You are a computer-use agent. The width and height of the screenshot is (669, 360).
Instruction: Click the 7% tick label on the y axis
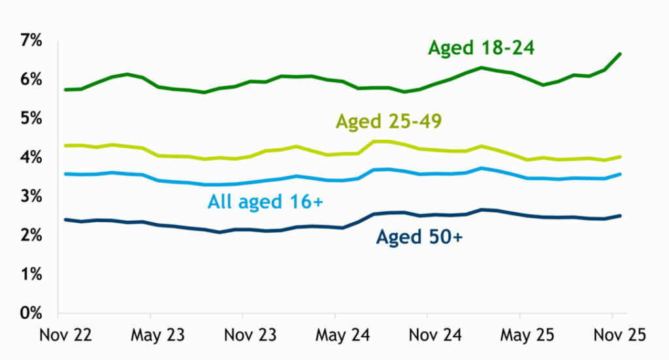pos(31,41)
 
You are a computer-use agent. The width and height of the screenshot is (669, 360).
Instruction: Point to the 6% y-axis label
pos(31,79)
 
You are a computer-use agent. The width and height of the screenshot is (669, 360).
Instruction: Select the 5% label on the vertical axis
pos(31,118)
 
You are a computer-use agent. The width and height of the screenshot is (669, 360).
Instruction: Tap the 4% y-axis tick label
pos(31,157)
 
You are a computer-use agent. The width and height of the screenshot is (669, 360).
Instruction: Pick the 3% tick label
pos(31,196)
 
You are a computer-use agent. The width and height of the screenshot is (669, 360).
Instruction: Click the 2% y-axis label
pos(31,235)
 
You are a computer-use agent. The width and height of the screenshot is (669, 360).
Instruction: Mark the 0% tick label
pos(31,313)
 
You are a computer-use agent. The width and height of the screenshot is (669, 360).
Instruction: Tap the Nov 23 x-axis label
pos(243,336)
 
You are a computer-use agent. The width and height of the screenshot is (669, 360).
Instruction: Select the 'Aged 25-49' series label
pos(390,122)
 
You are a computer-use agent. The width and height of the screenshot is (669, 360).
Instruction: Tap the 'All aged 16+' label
pos(265,203)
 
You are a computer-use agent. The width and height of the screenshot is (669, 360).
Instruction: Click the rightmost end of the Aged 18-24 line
pos(620,54)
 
